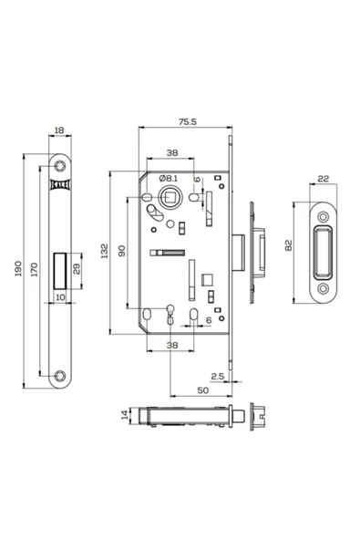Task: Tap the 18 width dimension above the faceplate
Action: point(61,132)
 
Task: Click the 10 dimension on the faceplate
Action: point(60,296)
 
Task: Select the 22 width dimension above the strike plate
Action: point(324,180)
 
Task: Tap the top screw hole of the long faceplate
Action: point(61,165)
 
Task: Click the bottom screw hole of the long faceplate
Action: point(61,374)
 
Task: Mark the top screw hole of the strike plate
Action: point(324,215)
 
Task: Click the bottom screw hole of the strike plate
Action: point(324,289)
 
